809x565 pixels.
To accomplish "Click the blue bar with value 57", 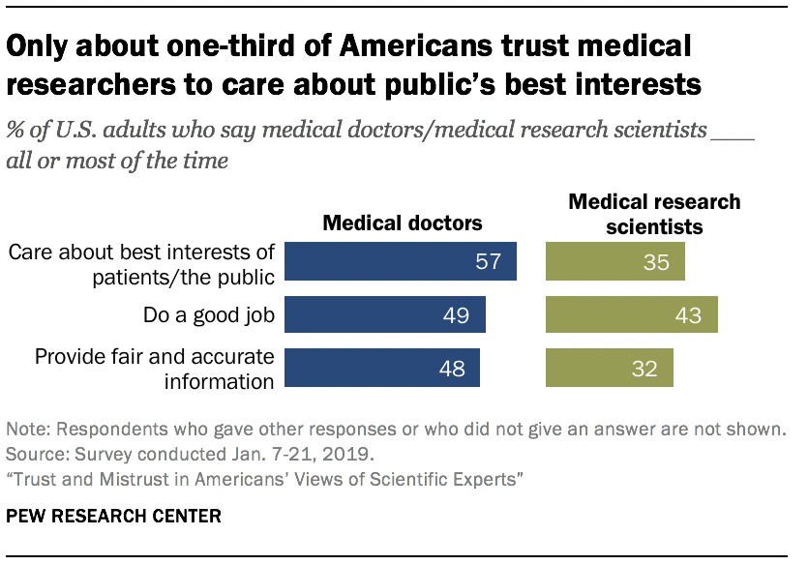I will coord(401,261).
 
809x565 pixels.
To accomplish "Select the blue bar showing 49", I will coord(385,313).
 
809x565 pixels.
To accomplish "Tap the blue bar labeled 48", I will coord(382,368).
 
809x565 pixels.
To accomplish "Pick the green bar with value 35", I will coord(615,261).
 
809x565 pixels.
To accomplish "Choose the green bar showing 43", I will coord(632,313).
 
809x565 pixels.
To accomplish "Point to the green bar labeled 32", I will coord(610,368).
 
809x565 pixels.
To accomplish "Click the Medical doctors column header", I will coord(402,223).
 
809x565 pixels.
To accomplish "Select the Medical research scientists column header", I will coord(654,214).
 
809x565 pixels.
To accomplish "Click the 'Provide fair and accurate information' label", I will coord(155,368).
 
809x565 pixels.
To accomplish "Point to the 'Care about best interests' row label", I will coord(141,261).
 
